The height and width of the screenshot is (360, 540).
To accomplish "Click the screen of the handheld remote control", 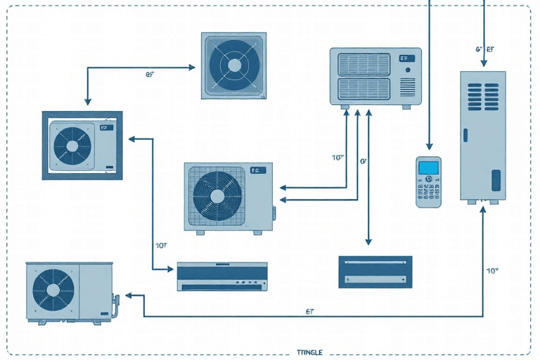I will click(427, 168).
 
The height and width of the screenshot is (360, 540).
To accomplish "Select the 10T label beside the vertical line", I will click(160, 245).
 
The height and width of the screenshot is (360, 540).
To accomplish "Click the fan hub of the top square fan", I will click(233, 65).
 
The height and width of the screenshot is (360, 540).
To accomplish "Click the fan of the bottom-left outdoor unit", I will click(53, 290).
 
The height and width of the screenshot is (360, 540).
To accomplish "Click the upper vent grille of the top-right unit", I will click(364, 64).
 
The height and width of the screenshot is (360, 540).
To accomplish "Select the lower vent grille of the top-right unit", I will click(364, 89).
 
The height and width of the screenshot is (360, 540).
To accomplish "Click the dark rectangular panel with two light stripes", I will click(375, 271).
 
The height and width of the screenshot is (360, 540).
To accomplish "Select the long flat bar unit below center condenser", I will click(221, 276).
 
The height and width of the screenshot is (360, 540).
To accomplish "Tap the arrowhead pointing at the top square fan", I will click(195, 67).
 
